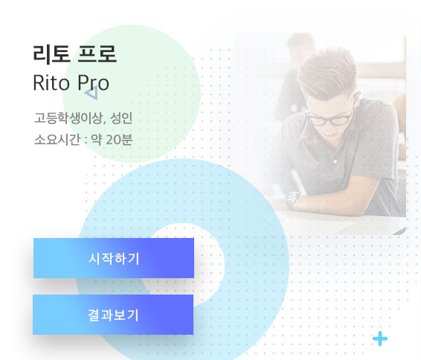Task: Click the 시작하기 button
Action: pyautogui.click(x=114, y=258)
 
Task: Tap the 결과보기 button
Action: pyautogui.click(x=113, y=315)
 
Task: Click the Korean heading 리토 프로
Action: pyautogui.click(x=74, y=54)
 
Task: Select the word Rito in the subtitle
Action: pyautogui.click(x=51, y=83)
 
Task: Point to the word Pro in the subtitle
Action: pyautogui.click(x=93, y=83)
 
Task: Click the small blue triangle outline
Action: pyautogui.click(x=91, y=93)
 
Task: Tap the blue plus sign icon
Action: pyautogui.click(x=380, y=338)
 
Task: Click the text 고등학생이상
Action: pyautogui.click(x=68, y=118)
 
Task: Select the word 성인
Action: pyautogui.click(x=121, y=118)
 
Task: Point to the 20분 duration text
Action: pyautogui.click(x=119, y=140)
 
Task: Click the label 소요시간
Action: pyautogui.click(x=57, y=140)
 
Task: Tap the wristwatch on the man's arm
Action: pyautogui.click(x=292, y=200)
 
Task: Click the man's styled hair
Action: pyautogui.click(x=327, y=72)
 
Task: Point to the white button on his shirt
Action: pyautogui.click(x=335, y=161)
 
